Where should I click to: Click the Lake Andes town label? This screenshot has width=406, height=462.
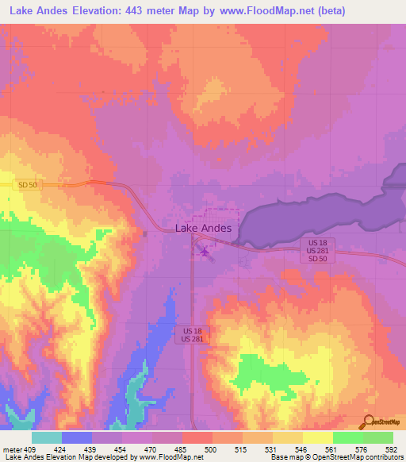(203, 228)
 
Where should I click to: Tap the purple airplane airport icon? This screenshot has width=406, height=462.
(205, 252)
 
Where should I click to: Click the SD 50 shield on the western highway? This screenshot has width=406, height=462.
(28, 185)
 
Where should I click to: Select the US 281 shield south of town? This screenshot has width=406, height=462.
(187, 340)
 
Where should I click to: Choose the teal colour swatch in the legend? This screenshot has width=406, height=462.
(47, 437)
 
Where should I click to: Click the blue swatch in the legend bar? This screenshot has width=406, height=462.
(77, 437)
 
